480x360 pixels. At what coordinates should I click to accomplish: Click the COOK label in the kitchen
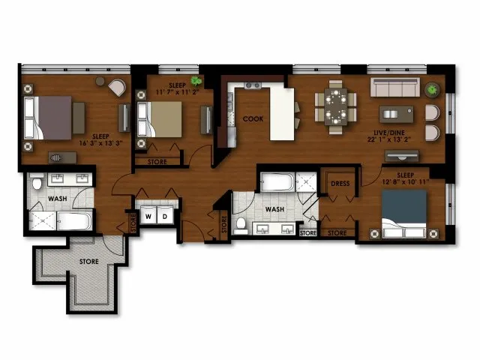click(253, 118)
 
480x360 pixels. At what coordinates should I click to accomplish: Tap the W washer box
click(148, 215)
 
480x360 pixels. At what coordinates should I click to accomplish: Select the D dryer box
click(165, 215)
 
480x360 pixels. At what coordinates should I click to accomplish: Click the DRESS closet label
click(340, 184)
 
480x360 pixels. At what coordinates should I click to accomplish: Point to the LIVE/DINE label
click(389, 133)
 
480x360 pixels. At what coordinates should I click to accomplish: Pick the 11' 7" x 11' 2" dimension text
click(178, 91)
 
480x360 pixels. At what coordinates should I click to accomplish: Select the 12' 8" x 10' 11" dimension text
click(406, 181)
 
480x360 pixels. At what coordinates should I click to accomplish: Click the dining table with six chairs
click(336, 106)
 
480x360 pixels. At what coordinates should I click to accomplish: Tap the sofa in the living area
click(395, 87)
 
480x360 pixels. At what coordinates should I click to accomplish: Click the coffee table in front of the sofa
click(396, 114)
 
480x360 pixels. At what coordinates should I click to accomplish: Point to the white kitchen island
click(282, 114)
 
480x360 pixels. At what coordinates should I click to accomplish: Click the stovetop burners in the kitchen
click(253, 85)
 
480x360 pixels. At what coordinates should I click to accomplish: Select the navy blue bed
click(404, 214)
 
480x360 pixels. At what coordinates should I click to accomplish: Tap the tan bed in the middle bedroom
click(160, 119)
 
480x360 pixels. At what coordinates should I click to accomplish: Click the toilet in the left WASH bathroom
click(37, 182)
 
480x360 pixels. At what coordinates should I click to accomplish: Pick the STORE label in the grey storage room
click(89, 262)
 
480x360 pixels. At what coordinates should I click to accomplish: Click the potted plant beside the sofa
click(432, 90)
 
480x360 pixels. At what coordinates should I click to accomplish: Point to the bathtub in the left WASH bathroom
click(74, 221)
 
